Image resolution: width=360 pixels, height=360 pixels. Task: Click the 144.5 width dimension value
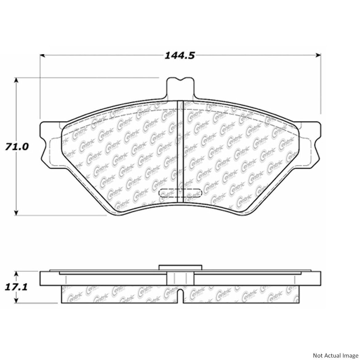pyautogui.click(x=180, y=55)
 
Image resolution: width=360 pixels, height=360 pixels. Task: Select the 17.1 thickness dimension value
pyautogui.click(x=16, y=287)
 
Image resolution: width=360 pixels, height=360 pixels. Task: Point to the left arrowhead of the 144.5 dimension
pyautogui.click(x=42, y=55)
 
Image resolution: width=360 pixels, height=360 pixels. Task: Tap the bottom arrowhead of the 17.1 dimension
pyautogui.click(x=17, y=301)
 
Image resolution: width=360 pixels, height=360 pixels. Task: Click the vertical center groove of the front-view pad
pyautogui.click(x=181, y=151)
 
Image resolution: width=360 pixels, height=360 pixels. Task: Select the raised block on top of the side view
pyautogui.click(x=181, y=267)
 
